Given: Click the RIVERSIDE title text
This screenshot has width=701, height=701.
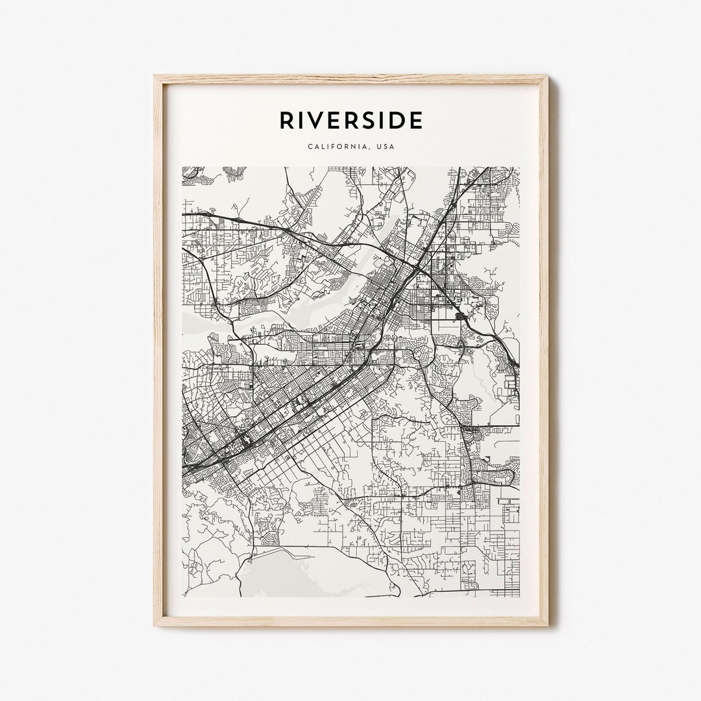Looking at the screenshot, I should [351, 120].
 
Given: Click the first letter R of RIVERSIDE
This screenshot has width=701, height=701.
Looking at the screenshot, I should [286, 120].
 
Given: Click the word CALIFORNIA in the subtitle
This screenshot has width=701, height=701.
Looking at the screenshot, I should [337, 147].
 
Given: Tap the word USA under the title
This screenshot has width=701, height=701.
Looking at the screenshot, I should [386, 147].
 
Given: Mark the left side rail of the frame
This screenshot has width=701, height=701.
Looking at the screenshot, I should [158, 350].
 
